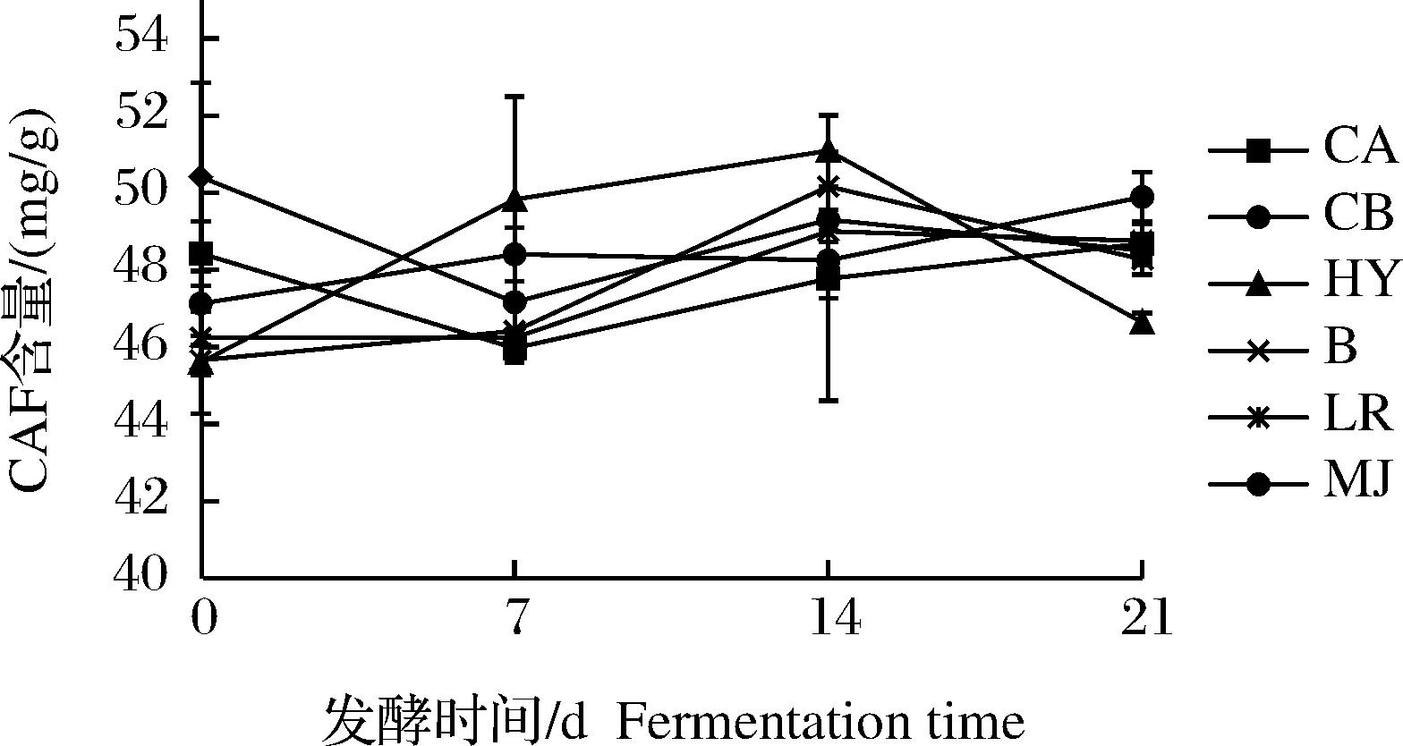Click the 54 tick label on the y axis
pyautogui.click(x=141, y=38)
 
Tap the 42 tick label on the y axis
pyautogui.click(x=141, y=499)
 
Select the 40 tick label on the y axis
pyautogui.click(x=141, y=575)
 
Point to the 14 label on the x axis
pyautogui.click(x=829, y=619)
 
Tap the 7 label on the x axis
pyautogui.click(x=514, y=619)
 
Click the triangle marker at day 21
pyautogui.click(x=1142, y=322)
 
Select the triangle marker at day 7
pyautogui.click(x=514, y=200)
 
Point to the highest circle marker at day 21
pyautogui.click(x=1142, y=197)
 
